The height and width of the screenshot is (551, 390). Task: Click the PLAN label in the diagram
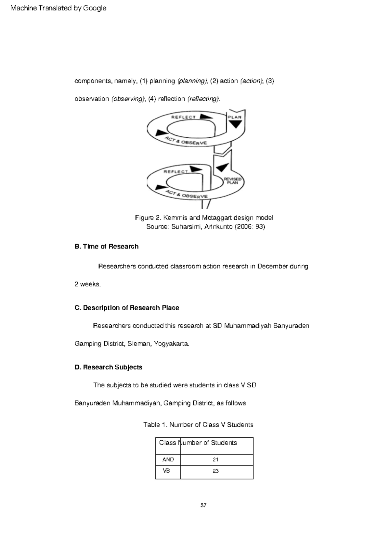pos(234,117)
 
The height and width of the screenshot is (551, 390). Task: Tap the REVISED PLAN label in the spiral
pos(232,181)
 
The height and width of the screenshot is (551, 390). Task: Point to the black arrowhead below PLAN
pos(235,124)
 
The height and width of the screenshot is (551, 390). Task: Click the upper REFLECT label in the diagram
pos(184,117)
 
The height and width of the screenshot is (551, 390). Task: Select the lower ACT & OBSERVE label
pos(187,194)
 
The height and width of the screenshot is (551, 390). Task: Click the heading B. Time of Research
pos(107,246)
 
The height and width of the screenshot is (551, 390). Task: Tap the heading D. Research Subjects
pos(109,367)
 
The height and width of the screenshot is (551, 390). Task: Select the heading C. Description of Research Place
pos(127,308)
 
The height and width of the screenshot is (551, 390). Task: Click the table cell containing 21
pos(215,460)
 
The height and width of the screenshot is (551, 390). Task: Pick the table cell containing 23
pos(216,471)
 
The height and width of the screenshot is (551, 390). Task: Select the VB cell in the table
pos(166,471)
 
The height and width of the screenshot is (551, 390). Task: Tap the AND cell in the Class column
pos(168,460)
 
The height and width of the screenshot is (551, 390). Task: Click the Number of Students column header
pos(209,443)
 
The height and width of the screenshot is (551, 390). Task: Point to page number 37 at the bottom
pos(203,505)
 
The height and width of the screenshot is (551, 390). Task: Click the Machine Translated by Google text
pos(58,8)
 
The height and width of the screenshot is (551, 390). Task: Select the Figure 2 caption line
pos(204,218)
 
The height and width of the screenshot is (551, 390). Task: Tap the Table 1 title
pos(198,425)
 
